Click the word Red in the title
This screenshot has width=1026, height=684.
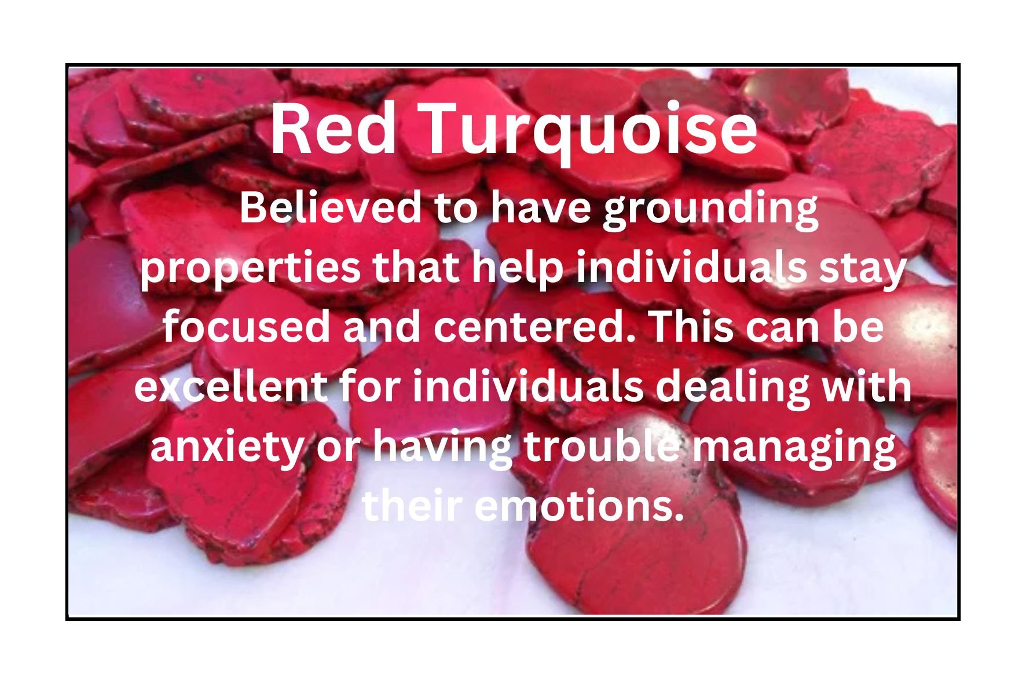pyautogui.click(x=333, y=129)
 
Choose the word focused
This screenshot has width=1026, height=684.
pyautogui.click(x=246, y=326)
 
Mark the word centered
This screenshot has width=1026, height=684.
pyautogui.click(x=535, y=326)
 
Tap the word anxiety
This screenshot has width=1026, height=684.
pyautogui.click(x=226, y=448)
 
